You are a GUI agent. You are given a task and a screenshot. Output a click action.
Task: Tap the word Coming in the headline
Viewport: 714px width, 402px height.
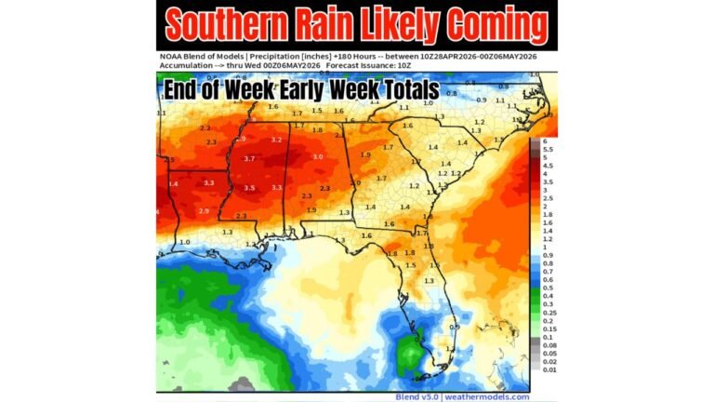pyautogui.click(x=495, y=25)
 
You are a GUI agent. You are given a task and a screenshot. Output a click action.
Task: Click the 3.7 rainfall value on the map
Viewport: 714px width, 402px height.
pyautogui.click(x=249, y=159)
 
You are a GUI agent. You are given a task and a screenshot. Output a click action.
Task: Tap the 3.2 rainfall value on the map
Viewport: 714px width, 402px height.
pyautogui.click(x=276, y=140)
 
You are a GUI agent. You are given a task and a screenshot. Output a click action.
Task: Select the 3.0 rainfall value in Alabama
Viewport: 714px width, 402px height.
pyautogui.click(x=318, y=157)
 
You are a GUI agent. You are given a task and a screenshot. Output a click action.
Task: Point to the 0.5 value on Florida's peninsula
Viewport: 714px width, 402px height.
pyautogui.click(x=455, y=327)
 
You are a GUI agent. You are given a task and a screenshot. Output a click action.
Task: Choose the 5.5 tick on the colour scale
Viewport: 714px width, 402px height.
pyautogui.click(x=547, y=149)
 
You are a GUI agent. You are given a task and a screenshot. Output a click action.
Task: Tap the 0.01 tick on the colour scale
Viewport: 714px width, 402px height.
pyautogui.click(x=548, y=369)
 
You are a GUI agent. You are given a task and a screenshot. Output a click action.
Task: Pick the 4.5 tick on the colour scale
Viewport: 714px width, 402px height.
pyautogui.click(x=547, y=165)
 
